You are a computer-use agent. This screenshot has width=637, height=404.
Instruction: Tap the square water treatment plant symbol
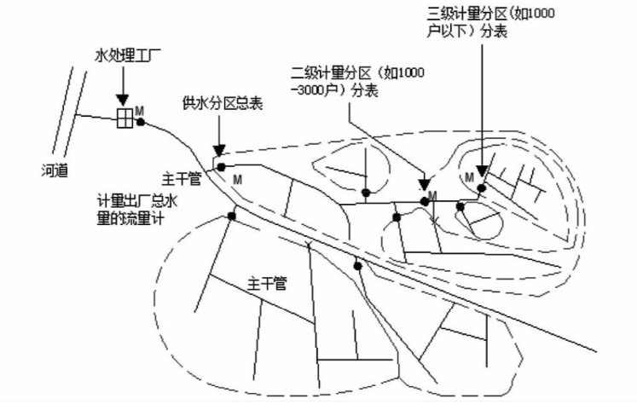(x=125, y=118)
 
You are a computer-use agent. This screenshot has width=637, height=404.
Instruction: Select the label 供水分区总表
(x=222, y=103)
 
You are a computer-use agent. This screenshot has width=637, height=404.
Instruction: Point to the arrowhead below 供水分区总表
(x=221, y=148)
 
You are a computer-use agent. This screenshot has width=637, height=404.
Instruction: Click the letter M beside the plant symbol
(x=139, y=110)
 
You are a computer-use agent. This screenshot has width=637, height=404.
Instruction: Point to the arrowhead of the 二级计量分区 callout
(x=425, y=184)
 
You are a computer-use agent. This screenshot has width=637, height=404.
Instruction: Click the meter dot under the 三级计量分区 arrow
(x=482, y=188)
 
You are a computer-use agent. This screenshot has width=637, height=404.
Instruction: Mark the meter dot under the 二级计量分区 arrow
(x=424, y=200)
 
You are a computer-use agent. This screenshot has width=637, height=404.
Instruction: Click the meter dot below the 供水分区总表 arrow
(x=220, y=165)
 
